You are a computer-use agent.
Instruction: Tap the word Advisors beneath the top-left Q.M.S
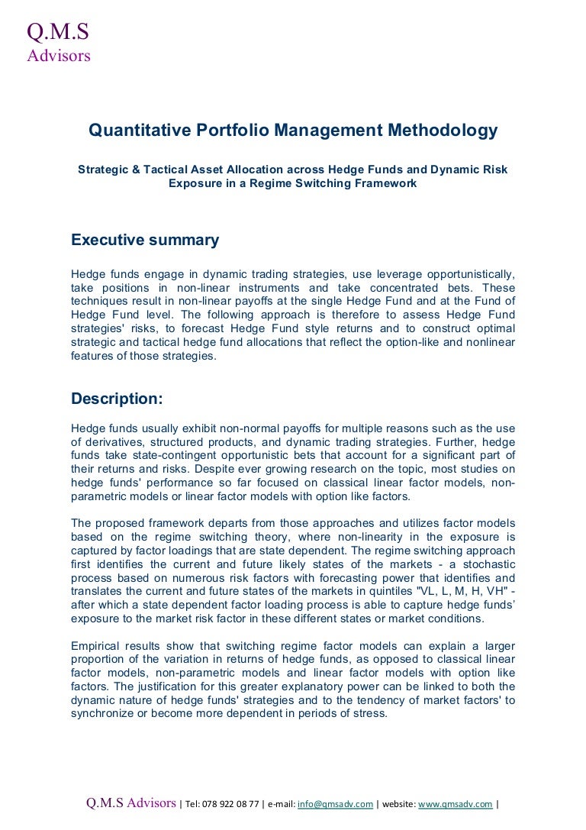59,55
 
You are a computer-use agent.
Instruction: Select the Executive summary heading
145,241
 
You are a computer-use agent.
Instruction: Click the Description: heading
117,399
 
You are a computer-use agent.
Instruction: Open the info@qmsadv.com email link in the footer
335,804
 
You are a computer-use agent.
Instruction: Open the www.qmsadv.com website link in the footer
455,804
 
